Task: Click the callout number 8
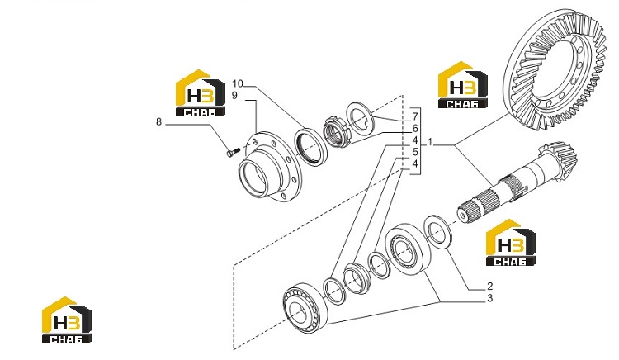pyautogui.click(x=158, y=122)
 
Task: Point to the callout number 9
pyautogui.click(x=234, y=96)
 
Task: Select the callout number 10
pyautogui.click(x=238, y=83)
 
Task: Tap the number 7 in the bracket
pyautogui.click(x=415, y=116)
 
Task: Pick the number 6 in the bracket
pyautogui.click(x=415, y=128)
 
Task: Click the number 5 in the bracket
pyautogui.click(x=415, y=152)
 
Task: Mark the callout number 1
pyautogui.click(x=430, y=142)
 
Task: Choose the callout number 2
pyautogui.click(x=490, y=287)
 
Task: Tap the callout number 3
pyautogui.click(x=490, y=298)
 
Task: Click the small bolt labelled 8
pyautogui.click(x=233, y=152)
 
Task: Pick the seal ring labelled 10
pyautogui.click(x=311, y=146)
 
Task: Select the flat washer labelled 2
pyautogui.click(x=438, y=232)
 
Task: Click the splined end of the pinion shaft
pyautogui.click(x=474, y=206)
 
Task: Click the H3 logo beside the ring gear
pyautogui.click(x=463, y=85)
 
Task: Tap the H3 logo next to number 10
pyautogui.click(x=201, y=93)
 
